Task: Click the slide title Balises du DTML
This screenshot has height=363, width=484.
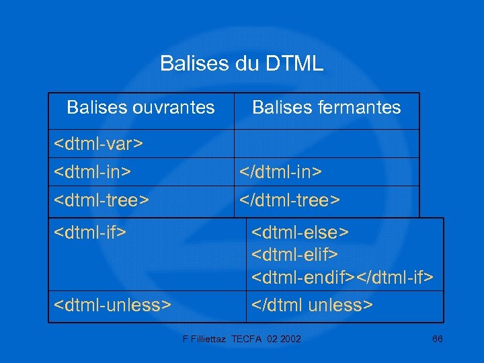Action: [241, 64]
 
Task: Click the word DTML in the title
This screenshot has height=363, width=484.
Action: [294, 64]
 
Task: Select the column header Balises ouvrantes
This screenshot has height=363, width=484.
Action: [141, 108]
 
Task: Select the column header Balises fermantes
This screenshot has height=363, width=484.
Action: [326, 108]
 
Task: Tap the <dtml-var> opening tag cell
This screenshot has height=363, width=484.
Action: [99, 144]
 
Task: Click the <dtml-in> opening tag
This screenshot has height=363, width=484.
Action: [92, 172]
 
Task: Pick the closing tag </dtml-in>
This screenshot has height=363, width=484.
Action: [281, 172]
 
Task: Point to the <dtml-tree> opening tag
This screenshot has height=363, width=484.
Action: [101, 200]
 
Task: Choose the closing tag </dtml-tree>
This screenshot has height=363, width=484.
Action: [290, 200]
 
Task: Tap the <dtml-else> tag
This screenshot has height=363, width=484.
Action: [300, 233]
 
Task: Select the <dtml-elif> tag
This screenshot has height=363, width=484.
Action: [294, 255]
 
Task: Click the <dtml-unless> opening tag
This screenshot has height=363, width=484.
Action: [111, 305]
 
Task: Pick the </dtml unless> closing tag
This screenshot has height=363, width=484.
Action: [311, 305]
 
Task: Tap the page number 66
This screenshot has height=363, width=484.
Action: [437, 339]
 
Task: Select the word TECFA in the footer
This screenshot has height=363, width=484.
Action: [249, 339]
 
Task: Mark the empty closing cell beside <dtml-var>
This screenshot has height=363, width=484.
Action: [326, 144]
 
